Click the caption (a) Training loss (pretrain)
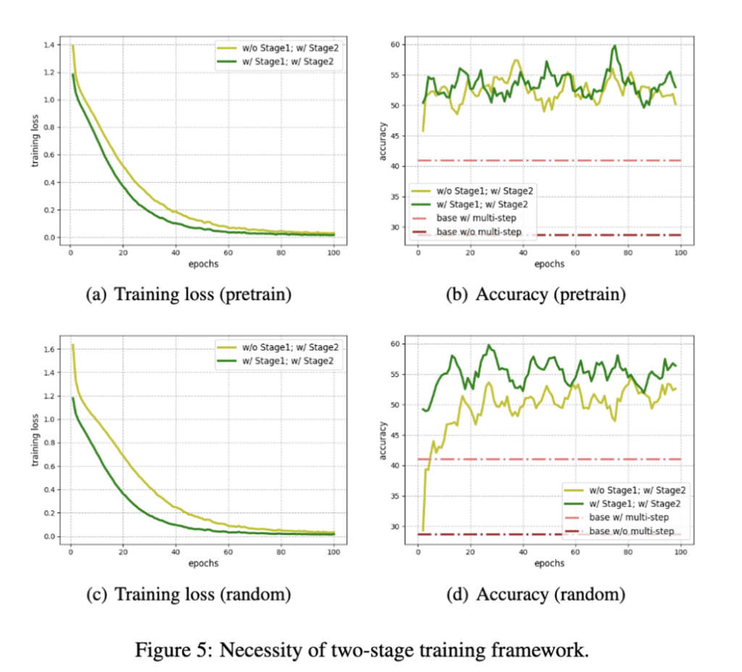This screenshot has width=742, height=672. [188, 295]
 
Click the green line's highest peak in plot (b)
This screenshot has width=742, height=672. [614, 46]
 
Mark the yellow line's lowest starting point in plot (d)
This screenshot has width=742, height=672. [422, 530]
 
